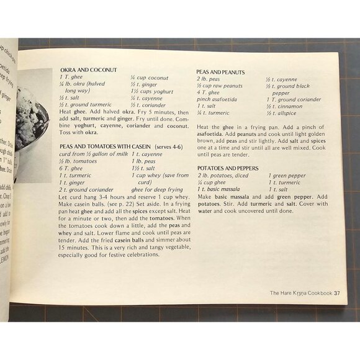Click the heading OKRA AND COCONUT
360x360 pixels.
pyautogui.click(x=95, y=70)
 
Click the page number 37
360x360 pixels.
pyautogui.click(x=336, y=293)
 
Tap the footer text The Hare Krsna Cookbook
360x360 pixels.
pyautogui.click(x=300, y=293)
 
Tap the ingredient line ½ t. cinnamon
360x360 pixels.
pyautogui.click(x=284, y=106)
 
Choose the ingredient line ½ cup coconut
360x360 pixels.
pyautogui.click(x=149, y=78)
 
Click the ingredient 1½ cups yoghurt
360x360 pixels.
pyautogui.click(x=152, y=91)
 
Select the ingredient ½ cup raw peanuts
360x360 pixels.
pyautogui.click(x=221, y=85)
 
